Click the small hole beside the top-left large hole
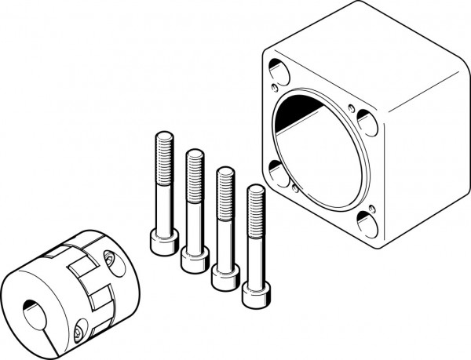tap(274, 88)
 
